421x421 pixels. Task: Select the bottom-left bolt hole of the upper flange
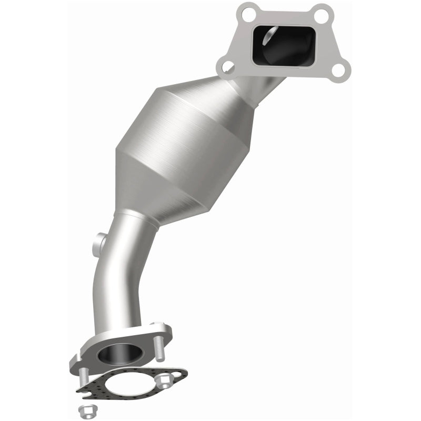coord(227,67)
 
